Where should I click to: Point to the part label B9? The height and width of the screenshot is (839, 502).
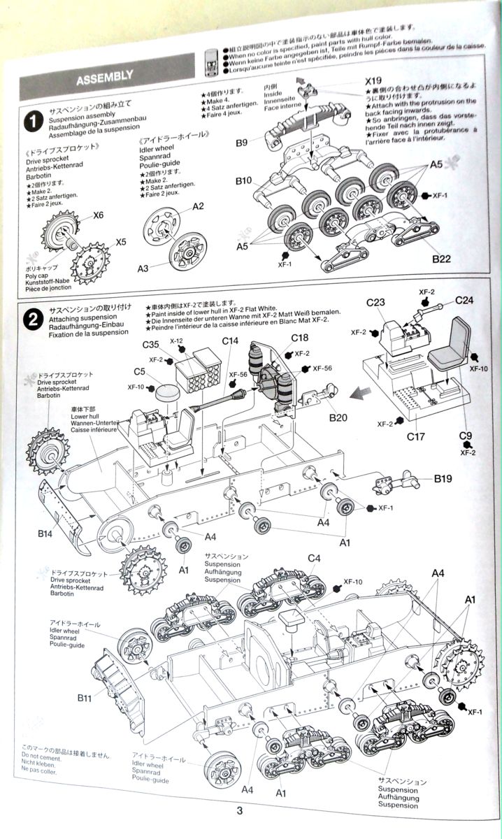click(x=242, y=143)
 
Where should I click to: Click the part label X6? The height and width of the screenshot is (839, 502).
click(x=98, y=215)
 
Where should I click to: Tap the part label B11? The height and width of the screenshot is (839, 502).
click(x=85, y=697)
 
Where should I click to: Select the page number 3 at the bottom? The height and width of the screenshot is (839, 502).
click(x=240, y=811)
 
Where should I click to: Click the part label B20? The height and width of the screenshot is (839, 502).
click(x=338, y=418)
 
